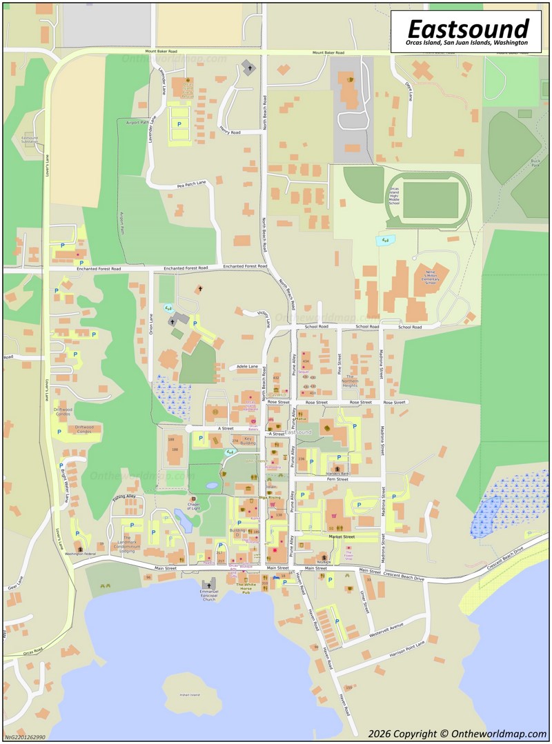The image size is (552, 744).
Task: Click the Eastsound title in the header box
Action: point(467,28)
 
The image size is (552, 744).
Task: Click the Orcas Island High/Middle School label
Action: point(394,196)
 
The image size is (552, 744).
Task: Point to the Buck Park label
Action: point(534,162)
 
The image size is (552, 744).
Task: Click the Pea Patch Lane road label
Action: point(191,183)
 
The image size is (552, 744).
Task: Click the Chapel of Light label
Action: point(177,508)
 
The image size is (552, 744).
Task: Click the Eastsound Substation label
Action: point(30,139)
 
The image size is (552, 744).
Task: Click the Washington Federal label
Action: point(79,554)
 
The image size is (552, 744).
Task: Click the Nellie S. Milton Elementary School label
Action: point(431,277)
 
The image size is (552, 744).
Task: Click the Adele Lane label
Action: point(246,366)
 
